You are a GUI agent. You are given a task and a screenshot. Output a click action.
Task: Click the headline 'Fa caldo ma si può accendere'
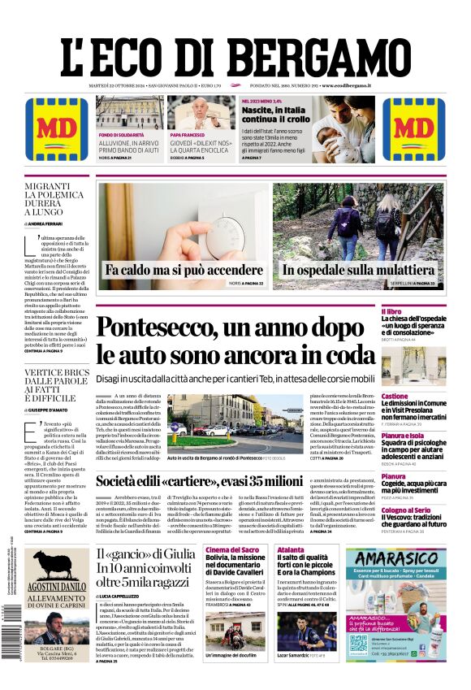click(184, 269)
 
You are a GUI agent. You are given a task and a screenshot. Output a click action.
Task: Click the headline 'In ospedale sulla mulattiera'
click(358, 270)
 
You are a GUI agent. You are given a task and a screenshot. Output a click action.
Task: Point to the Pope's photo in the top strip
click(201, 111)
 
